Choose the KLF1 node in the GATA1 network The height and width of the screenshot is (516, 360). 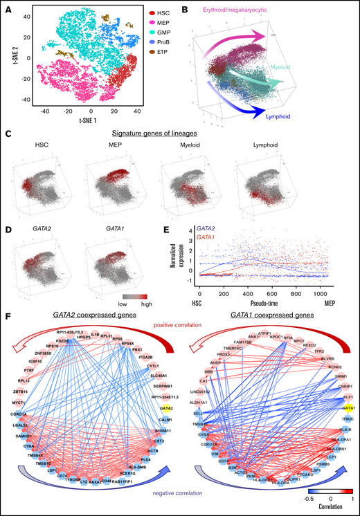343,379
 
